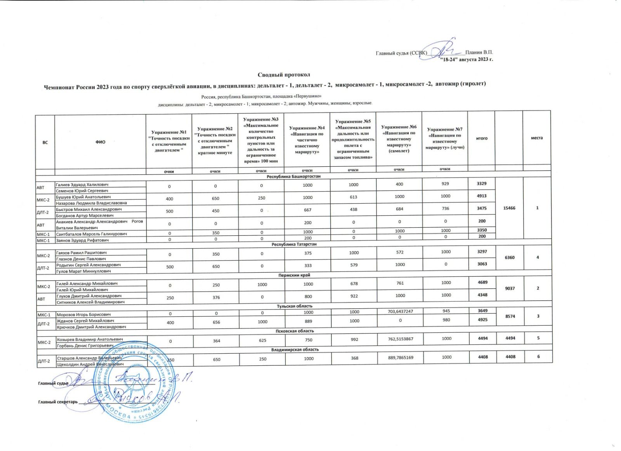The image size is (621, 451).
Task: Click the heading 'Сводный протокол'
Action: tap(284, 74)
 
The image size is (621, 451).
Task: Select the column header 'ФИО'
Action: tap(100, 142)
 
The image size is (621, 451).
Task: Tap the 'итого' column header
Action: tap(482, 138)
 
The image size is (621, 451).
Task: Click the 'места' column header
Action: tap(537, 138)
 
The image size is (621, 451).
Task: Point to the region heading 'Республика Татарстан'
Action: tap(294, 244)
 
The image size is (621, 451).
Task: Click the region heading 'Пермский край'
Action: tap(294, 275)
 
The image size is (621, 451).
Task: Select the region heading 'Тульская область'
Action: tap(294, 306)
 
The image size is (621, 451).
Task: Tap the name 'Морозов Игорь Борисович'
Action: tap(84, 314)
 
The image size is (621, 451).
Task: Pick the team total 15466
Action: tap(509, 208)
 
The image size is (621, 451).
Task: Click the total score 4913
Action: tap(482, 196)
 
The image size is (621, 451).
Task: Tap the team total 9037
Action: tap(509, 288)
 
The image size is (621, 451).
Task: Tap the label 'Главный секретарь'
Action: tap(58, 402)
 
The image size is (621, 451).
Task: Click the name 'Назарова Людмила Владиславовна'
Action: tap(92, 203)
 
